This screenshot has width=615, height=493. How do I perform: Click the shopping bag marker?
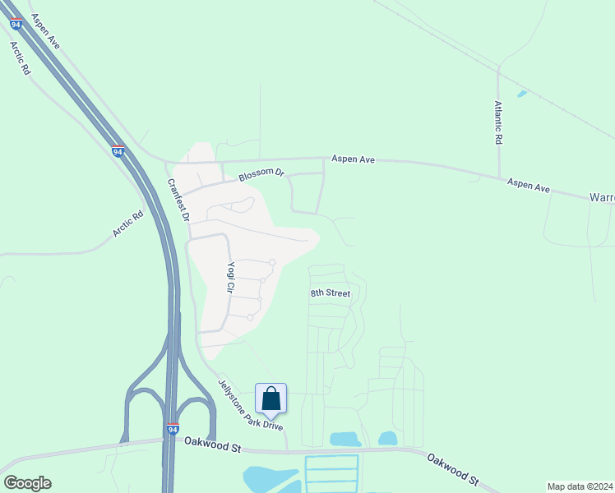pyautogui.click(x=271, y=399)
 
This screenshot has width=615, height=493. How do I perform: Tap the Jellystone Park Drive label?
pyautogui.click(x=250, y=404)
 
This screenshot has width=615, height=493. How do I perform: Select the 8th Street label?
pyautogui.click(x=330, y=293)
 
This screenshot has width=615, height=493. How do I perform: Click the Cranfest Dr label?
pyautogui.click(x=178, y=201)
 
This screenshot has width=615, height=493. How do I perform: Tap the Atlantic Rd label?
pyautogui.click(x=497, y=122)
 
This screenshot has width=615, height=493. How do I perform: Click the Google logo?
pyautogui.click(x=27, y=483)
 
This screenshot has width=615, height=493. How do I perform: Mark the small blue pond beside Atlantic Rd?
pyautogui.click(x=521, y=94)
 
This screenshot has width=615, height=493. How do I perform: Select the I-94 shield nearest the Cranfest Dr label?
pyautogui.click(x=118, y=151)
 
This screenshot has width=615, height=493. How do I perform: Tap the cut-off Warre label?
pyautogui.click(x=602, y=198)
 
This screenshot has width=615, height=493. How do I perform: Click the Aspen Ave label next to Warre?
pyautogui.click(x=528, y=187)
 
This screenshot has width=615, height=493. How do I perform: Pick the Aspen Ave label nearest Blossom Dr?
pyautogui.click(x=353, y=159)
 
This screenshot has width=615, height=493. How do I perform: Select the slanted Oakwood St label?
pyautogui.click(x=452, y=467)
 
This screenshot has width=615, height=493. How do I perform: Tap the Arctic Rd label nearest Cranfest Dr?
pyautogui.click(x=127, y=225)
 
